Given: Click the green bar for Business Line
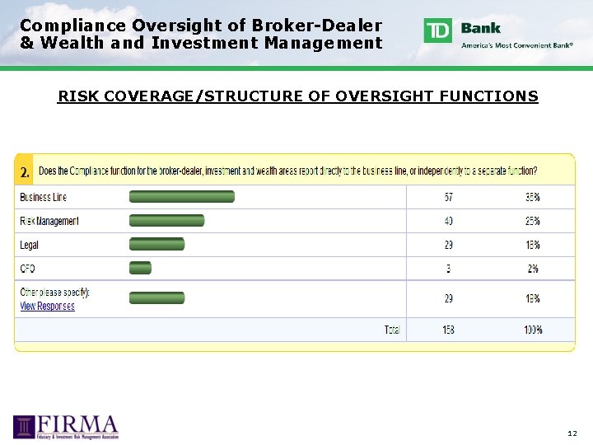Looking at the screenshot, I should [x=181, y=197].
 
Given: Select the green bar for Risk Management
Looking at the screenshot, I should [x=166, y=221].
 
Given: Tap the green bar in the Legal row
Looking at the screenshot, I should [x=156, y=245].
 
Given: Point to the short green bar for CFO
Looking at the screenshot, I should [x=140, y=268].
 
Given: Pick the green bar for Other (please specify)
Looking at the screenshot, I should [x=156, y=297].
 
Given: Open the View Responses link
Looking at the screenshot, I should [x=47, y=307].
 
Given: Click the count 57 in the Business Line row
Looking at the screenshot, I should [x=448, y=198].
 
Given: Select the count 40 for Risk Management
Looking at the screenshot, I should [x=448, y=222].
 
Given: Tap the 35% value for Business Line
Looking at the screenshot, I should [x=533, y=198].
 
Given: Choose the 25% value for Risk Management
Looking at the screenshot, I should [x=533, y=222].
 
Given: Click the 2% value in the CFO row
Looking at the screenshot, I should [x=533, y=269].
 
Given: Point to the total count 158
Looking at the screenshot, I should [x=448, y=330].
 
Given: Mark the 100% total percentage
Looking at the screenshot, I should [x=533, y=330].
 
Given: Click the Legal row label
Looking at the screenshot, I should [x=30, y=245].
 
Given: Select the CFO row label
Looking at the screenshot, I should [x=28, y=269].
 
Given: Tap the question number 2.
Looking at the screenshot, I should [x=25, y=173].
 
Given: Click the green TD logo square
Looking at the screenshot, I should [x=438, y=30].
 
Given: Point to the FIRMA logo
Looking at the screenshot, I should [x=66, y=426].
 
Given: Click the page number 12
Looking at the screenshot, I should [x=572, y=433].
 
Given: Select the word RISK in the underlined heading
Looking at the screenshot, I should [x=74, y=97].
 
